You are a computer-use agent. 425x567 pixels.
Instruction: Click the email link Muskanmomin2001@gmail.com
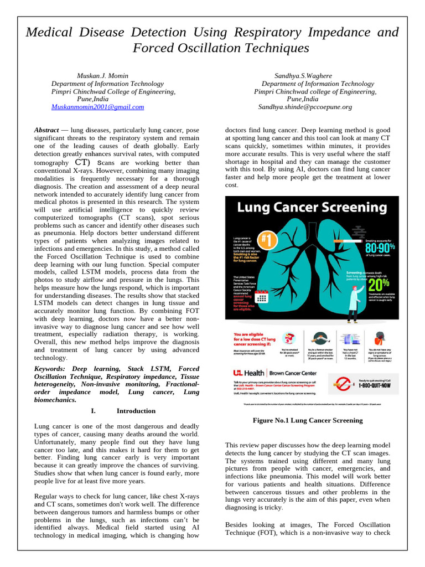point(97,107)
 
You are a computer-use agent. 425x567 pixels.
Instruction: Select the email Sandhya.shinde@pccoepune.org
point(305,107)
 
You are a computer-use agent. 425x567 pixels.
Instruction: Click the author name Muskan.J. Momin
point(103,76)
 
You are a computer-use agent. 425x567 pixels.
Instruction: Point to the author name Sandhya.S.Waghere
point(303,76)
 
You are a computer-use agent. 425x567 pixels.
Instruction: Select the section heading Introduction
point(136,411)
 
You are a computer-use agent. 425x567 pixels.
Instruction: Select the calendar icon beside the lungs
point(262,298)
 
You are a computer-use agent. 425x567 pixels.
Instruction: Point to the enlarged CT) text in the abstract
point(81,163)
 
